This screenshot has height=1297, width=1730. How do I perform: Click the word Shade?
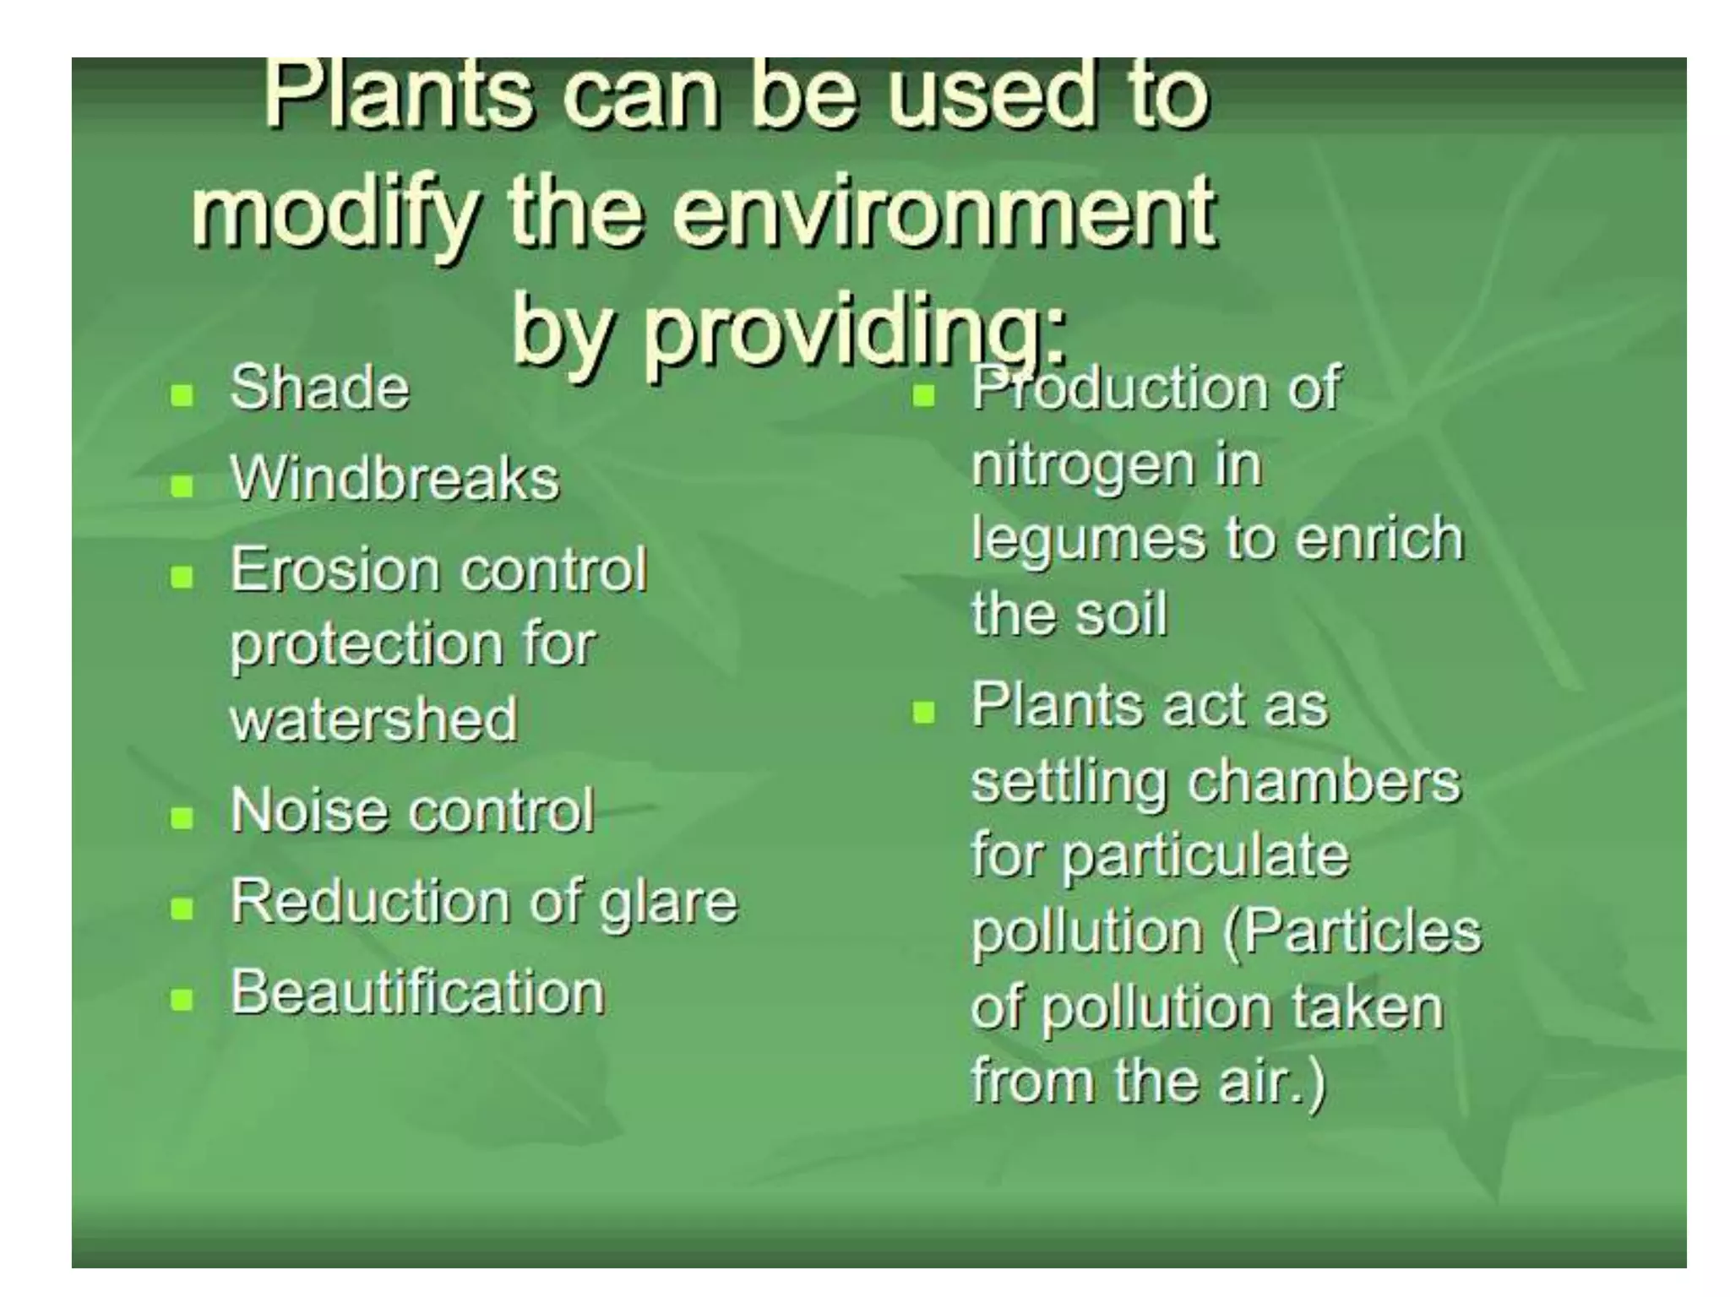pos(319,388)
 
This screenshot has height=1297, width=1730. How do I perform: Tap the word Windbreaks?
pos(394,479)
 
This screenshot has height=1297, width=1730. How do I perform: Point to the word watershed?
pos(373,719)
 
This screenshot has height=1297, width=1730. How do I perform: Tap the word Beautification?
pos(417,992)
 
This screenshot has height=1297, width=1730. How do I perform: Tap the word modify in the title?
pos(334,213)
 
